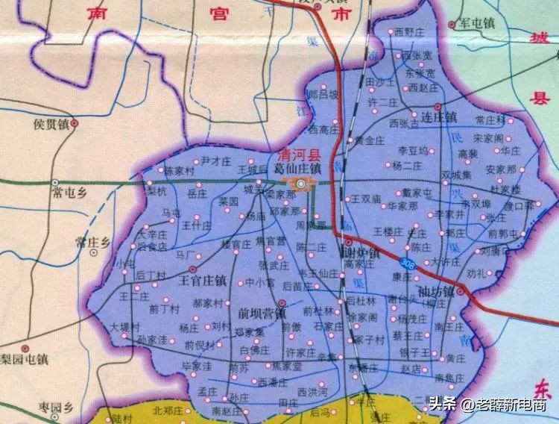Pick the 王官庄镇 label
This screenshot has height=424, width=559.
click(203, 281)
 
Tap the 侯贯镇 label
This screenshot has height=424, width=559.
click(52, 124)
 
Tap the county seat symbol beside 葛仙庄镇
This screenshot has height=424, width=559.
click(300, 182)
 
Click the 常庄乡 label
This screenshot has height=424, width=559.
click(92, 242)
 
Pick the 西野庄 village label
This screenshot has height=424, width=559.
click(408, 31)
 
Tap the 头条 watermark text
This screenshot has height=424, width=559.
click(443, 405)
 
